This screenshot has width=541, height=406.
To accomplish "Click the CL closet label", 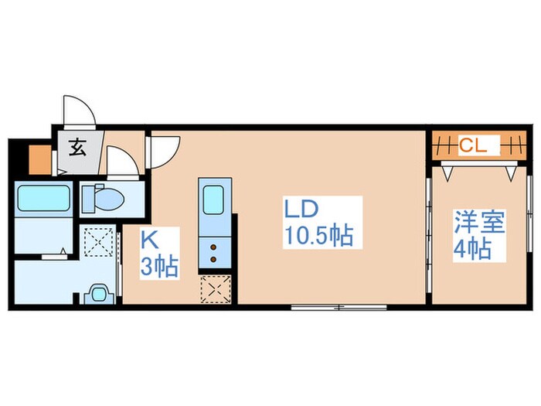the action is coord(472,145).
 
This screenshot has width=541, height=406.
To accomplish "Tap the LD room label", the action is coord(301,209).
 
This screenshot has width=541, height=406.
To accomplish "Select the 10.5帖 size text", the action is coord(318,235).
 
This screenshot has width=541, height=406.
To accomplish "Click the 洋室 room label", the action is coord(479,222).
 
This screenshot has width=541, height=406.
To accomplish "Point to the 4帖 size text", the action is coord(472,249).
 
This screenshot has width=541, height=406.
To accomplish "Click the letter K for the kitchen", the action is coord(149,240).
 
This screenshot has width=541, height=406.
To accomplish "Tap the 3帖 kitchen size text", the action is coord(159,267).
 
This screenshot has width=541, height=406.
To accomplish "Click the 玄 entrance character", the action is coord(77,147).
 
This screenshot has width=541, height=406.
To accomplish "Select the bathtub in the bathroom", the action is coord(43,198).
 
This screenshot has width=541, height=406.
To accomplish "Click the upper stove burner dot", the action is coord(213,247).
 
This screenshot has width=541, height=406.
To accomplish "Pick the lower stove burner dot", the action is coord(213,259).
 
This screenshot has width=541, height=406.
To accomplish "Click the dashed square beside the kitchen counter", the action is coord(216,289).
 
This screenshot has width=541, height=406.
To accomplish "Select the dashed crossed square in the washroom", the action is coord(99,241).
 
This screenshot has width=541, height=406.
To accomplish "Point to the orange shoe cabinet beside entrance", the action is coord(40,159).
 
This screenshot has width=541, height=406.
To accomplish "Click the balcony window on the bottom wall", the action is coord(339,307).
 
